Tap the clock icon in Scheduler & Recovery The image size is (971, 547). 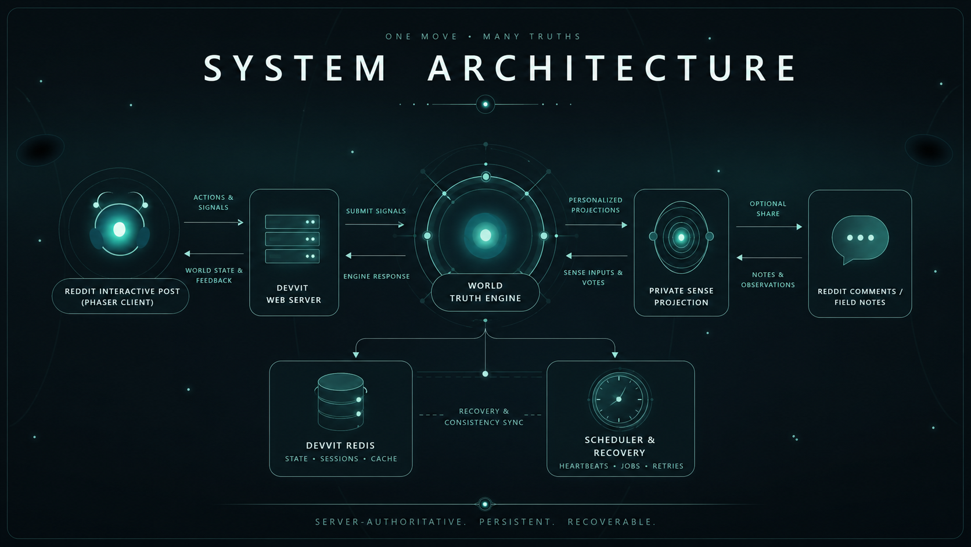click(x=619, y=399)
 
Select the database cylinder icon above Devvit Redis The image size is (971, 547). click(x=341, y=401)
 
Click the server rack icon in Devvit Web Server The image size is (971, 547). click(x=292, y=239)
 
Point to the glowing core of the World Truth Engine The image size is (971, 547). click(x=485, y=235)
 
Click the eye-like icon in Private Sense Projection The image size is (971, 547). click(x=681, y=237)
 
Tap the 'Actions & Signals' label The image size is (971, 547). click(x=213, y=202)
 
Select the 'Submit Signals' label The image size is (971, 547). click(x=376, y=211)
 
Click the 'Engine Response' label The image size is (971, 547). click(x=376, y=276)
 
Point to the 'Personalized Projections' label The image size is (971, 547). click(x=595, y=205)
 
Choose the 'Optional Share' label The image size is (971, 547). click(x=768, y=209)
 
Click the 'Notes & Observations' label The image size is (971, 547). click(x=768, y=280)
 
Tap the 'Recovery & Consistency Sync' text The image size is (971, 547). click(x=484, y=416)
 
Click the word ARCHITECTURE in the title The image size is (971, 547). click(x=612, y=68)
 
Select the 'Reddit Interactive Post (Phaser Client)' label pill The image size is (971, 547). click(x=121, y=296)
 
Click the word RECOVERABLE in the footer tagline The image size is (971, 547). click(x=612, y=522)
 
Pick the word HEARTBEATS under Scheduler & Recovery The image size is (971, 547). click(x=584, y=466)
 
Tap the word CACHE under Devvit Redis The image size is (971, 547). click(x=384, y=459)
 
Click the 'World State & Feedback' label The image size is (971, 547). click(x=214, y=276)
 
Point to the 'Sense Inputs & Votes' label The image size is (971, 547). click(x=593, y=278)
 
